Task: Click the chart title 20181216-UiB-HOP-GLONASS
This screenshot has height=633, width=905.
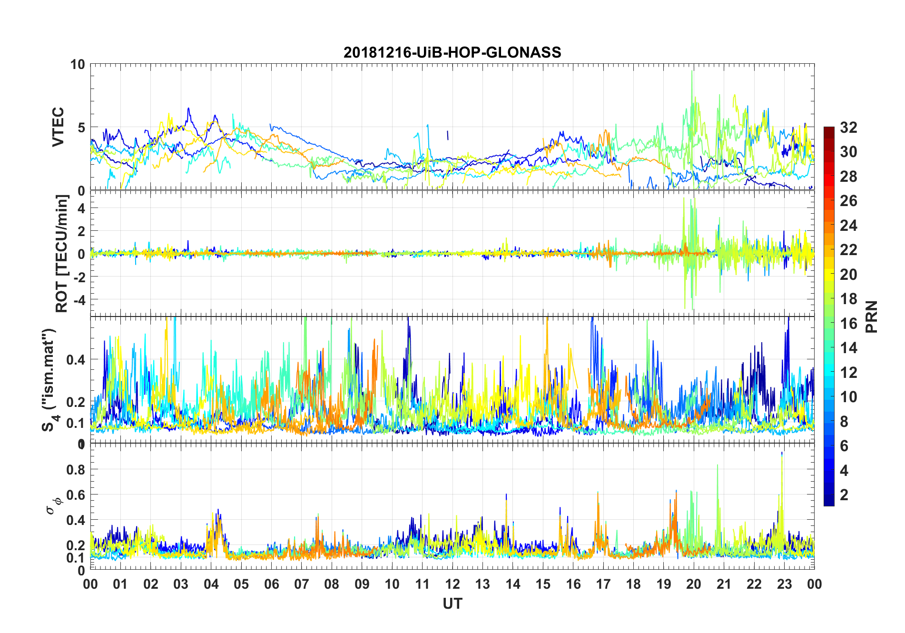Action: coord(452,52)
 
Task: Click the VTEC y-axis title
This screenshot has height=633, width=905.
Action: coord(58,127)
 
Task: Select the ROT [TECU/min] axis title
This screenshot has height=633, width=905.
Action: coord(62,253)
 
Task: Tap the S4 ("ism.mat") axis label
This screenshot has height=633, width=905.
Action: coord(49,380)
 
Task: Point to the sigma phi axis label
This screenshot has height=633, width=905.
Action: coord(53,505)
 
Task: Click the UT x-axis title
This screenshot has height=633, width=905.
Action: coord(452,603)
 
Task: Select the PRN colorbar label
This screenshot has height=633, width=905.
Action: coord(871,316)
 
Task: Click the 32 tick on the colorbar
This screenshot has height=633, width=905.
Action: coord(848,128)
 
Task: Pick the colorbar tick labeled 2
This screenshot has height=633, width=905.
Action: coord(844,495)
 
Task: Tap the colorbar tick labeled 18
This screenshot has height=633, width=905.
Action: coord(848,299)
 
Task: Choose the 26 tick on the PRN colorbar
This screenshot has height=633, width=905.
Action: coord(848,201)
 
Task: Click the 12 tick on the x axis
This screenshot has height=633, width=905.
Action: coord(452,584)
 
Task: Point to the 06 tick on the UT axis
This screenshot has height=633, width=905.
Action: coord(271,584)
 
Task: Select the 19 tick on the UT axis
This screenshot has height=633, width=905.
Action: coord(663,584)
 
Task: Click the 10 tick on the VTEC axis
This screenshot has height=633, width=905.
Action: coord(77,64)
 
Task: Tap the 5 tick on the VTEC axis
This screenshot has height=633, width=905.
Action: coord(81,128)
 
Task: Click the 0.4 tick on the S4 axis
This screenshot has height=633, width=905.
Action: coord(76,359)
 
